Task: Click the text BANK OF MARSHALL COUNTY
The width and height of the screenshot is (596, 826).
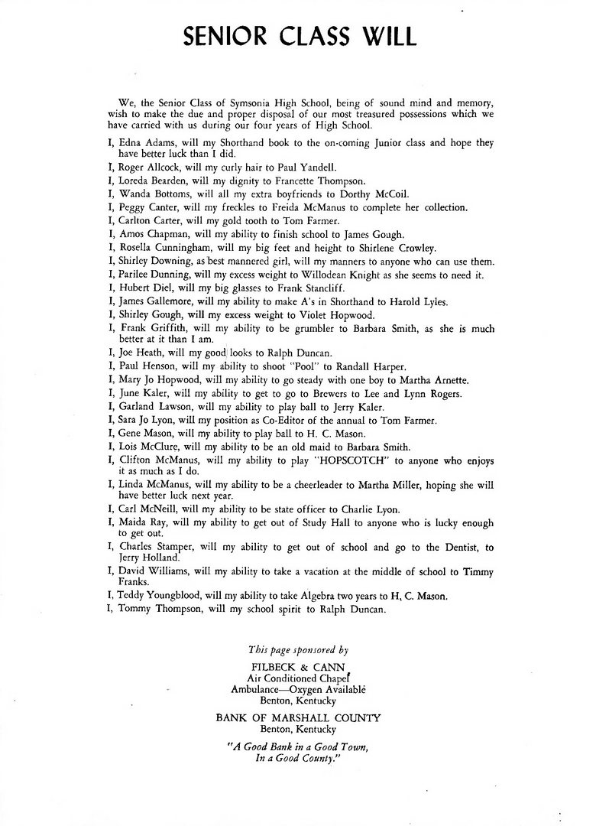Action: [x=298, y=718]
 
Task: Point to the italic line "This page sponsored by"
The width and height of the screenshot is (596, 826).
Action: [x=298, y=649]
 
